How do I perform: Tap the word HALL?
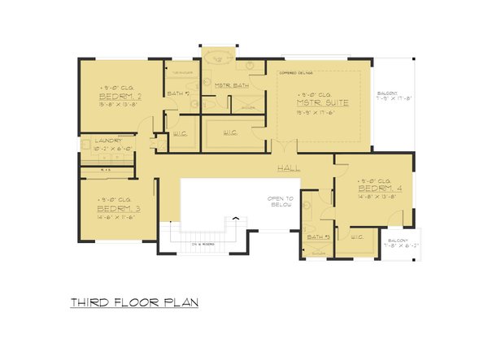click(x=289, y=168)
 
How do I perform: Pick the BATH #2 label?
click(x=177, y=94)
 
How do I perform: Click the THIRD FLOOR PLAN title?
click(x=133, y=302)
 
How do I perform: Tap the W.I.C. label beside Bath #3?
click(x=356, y=237)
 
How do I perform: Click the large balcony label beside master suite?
click(x=391, y=97)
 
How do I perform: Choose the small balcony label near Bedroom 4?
click(x=396, y=243)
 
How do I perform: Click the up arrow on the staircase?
click(x=237, y=218)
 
